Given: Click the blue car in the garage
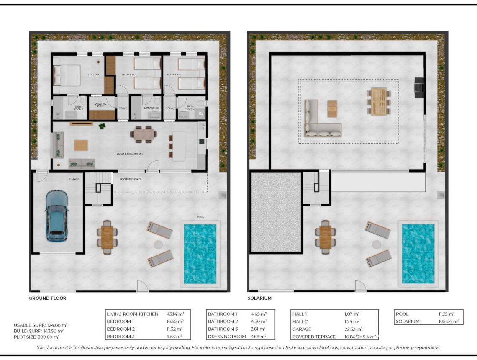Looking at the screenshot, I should (x=57, y=216).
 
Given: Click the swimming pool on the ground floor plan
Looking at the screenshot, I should (x=200, y=254).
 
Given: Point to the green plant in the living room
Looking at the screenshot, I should (x=102, y=126).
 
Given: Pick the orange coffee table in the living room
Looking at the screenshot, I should (x=81, y=145).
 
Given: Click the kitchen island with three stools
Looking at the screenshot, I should (x=178, y=146).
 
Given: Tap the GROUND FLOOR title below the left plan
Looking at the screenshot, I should (x=47, y=298).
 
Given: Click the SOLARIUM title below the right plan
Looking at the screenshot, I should (x=259, y=298).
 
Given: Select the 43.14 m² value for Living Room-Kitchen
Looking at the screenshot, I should (x=175, y=314).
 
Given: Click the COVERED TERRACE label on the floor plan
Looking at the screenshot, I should (x=131, y=179).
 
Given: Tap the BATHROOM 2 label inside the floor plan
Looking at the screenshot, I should (x=151, y=108).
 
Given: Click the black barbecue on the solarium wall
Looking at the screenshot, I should (x=418, y=87).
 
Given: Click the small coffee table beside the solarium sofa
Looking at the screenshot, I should (x=332, y=109).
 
